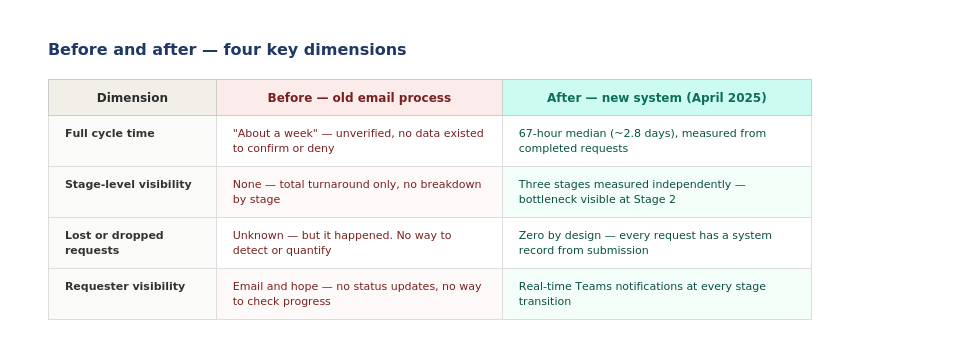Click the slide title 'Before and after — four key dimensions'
(x=227, y=50)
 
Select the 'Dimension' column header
(x=132, y=98)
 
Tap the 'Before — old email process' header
(x=359, y=98)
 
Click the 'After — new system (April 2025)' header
(x=656, y=98)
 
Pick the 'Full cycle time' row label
(x=110, y=133)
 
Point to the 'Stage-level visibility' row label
(x=128, y=184)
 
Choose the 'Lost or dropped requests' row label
(x=114, y=243)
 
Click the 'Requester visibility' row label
(x=125, y=287)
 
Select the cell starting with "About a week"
(x=358, y=141)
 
